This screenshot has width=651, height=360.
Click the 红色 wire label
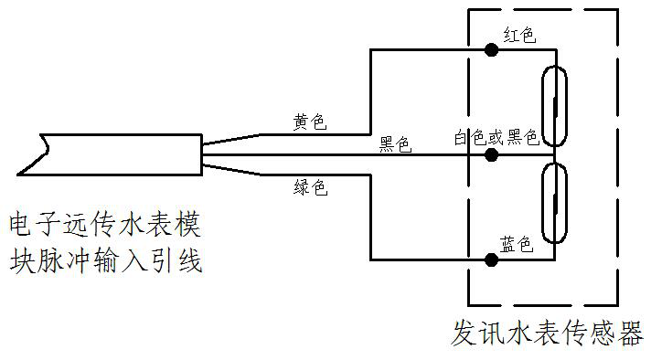click(519, 35)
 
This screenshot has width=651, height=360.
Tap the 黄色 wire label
click(310, 122)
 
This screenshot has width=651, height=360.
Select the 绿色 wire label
click(311, 187)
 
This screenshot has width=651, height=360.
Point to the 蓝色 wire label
click(516, 244)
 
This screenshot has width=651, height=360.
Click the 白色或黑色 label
click(496, 137)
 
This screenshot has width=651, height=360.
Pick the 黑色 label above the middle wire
click(395, 144)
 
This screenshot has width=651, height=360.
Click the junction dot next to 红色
click(492, 50)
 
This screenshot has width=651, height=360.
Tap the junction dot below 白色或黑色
click(492, 155)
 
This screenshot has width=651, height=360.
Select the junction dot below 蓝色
click(492, 260)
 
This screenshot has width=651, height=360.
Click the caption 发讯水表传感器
click(547, 333)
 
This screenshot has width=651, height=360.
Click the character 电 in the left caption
click(21, 225)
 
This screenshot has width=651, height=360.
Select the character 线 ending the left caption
click(190, 260)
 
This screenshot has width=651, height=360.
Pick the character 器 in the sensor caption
click(630, 333)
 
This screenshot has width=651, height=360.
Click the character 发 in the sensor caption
click(464, 333)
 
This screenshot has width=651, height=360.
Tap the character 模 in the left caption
click(188, 225)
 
